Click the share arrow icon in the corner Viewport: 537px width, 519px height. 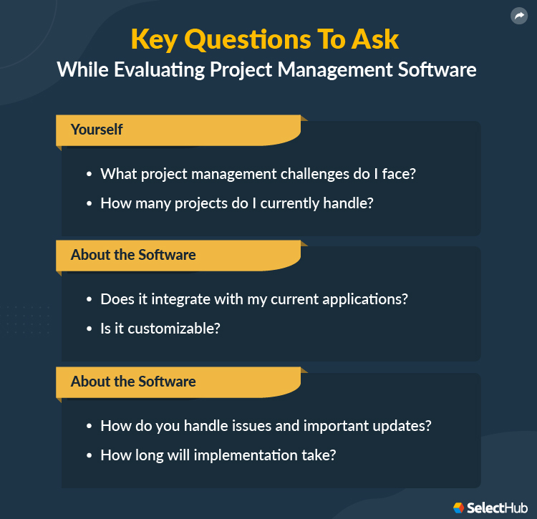coord(518,16)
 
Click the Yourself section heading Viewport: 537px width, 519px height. coord(97,130)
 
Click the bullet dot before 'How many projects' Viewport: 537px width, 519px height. coord(89,203)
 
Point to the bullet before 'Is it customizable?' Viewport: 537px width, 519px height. coord(89,329)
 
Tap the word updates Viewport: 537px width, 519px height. coord(404,425)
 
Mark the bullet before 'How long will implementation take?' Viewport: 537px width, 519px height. coord(89,455)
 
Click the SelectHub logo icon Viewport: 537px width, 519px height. coord(458,508)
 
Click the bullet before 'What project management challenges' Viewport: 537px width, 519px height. coord(89,175)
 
